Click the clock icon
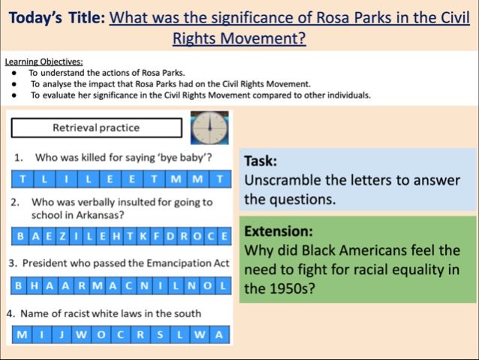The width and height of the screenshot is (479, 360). (x=209, y=128)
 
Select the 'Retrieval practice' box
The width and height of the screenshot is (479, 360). (x=97, y=128)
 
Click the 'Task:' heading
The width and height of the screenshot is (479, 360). (x=261, y=161)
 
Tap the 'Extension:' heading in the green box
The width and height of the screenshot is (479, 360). (x=279, y=231)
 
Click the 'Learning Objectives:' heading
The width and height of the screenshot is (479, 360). (x=44, y=62)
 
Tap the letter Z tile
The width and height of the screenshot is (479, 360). (x=62, y=236)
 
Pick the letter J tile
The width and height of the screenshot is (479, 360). (x=62, y=334)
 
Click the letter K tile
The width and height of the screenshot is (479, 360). (x=143, y=236)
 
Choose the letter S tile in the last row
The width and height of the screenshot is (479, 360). (x=160, y=334)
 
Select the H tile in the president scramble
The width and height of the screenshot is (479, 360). (x=35, y=286)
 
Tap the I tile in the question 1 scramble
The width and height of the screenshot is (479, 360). (x=66, y=179)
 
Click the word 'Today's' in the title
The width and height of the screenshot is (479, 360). (x=35, y=17)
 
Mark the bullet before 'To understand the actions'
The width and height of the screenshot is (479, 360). (x=14, y=74)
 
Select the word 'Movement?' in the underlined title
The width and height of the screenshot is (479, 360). (x=263, y=38)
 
